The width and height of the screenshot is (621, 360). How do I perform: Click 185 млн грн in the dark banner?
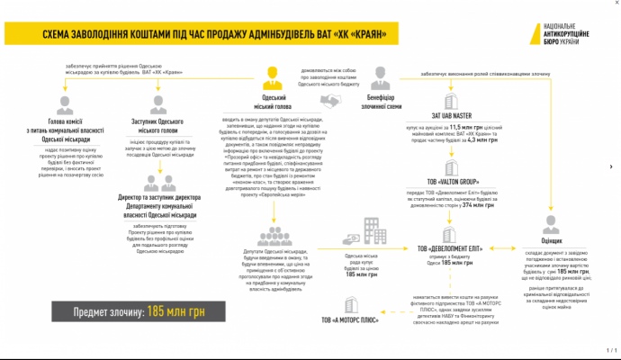168,311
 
